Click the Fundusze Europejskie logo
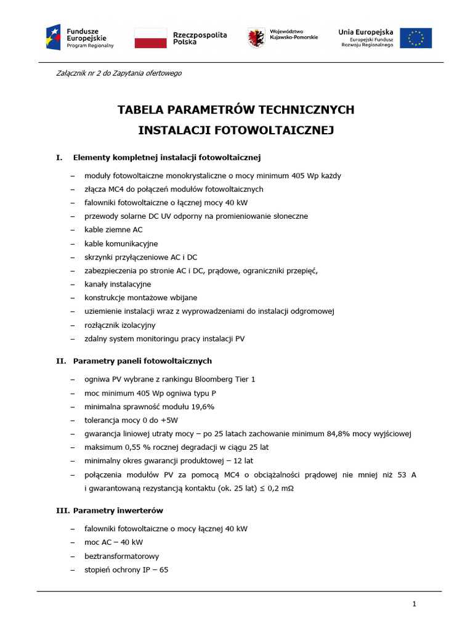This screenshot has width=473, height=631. pyautogui.click(x=80, y=38)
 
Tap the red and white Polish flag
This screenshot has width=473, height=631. pyautogui.click(x=150, y=38)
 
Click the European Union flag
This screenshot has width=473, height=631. pyautogui.click(x=416, y=38)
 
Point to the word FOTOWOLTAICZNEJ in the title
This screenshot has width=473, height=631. pyautogui.click(x=265, y=130)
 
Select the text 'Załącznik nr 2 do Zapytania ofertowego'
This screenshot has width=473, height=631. pyautogui.click(x=119, y=73)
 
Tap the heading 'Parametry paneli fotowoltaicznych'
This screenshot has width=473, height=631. pyautogui.click(x=142, y=360)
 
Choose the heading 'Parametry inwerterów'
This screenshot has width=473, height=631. pyautogui.click(x=118, y=511)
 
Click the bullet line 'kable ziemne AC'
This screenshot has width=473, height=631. pyautogui.click(x=113, y=230)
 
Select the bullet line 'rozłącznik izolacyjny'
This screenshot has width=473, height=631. pyautogui.click(x=120, y=325)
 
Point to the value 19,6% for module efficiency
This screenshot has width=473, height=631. pyautogui.click(x=201, y=407)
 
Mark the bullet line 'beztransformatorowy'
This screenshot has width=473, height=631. pyautogui.click(x=121, y=556)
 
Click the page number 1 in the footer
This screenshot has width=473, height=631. pyautogui.click(x=414, y=605)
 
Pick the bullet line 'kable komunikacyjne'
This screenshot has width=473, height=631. pyautogui.click(x=121, y=243)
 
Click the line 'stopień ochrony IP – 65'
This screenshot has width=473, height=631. pyautogui.click(x=126, y=570)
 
